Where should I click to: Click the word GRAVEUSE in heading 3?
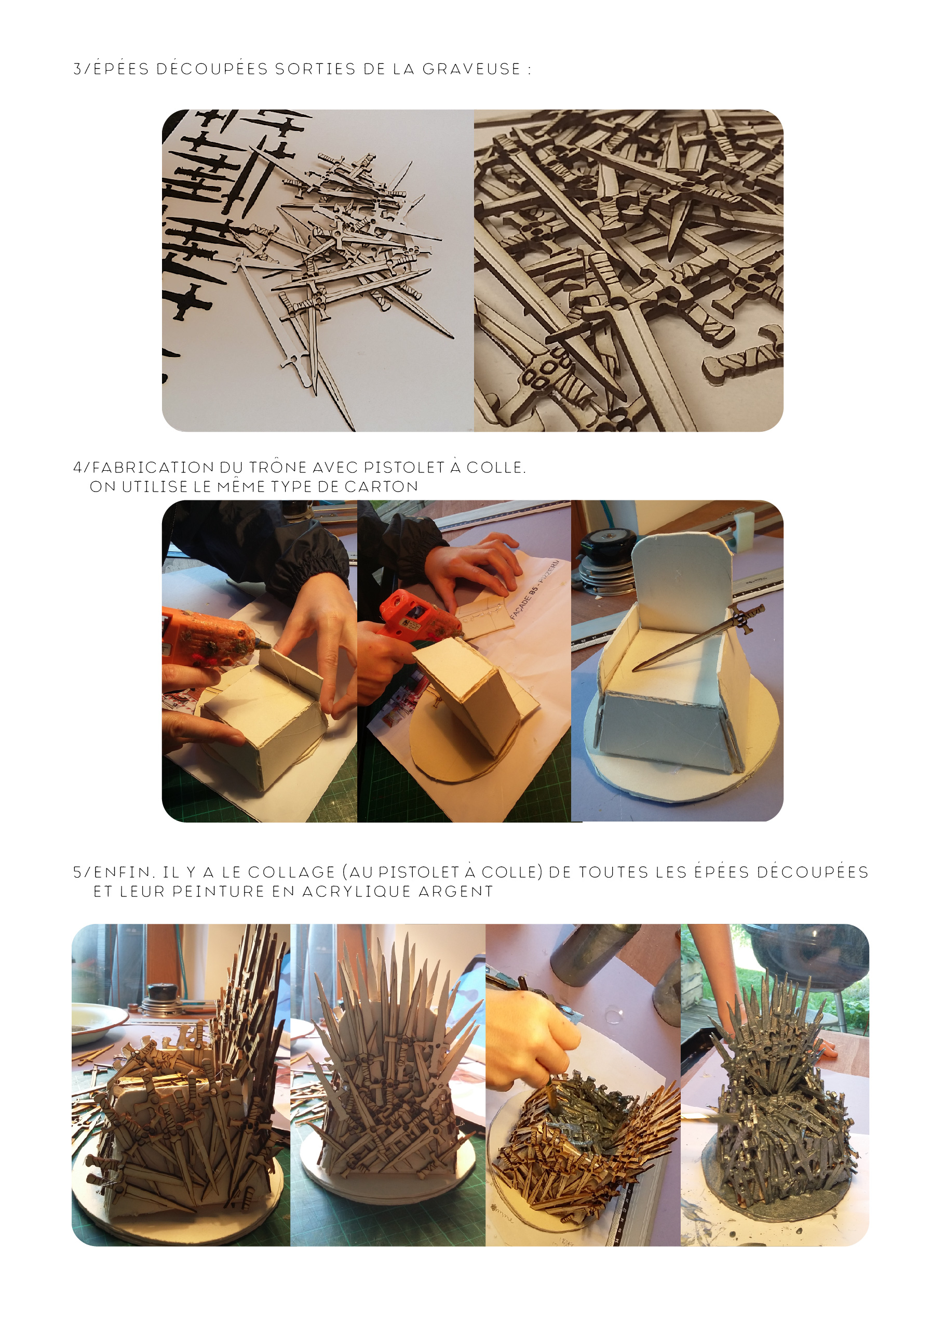click(x=471, y=69)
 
